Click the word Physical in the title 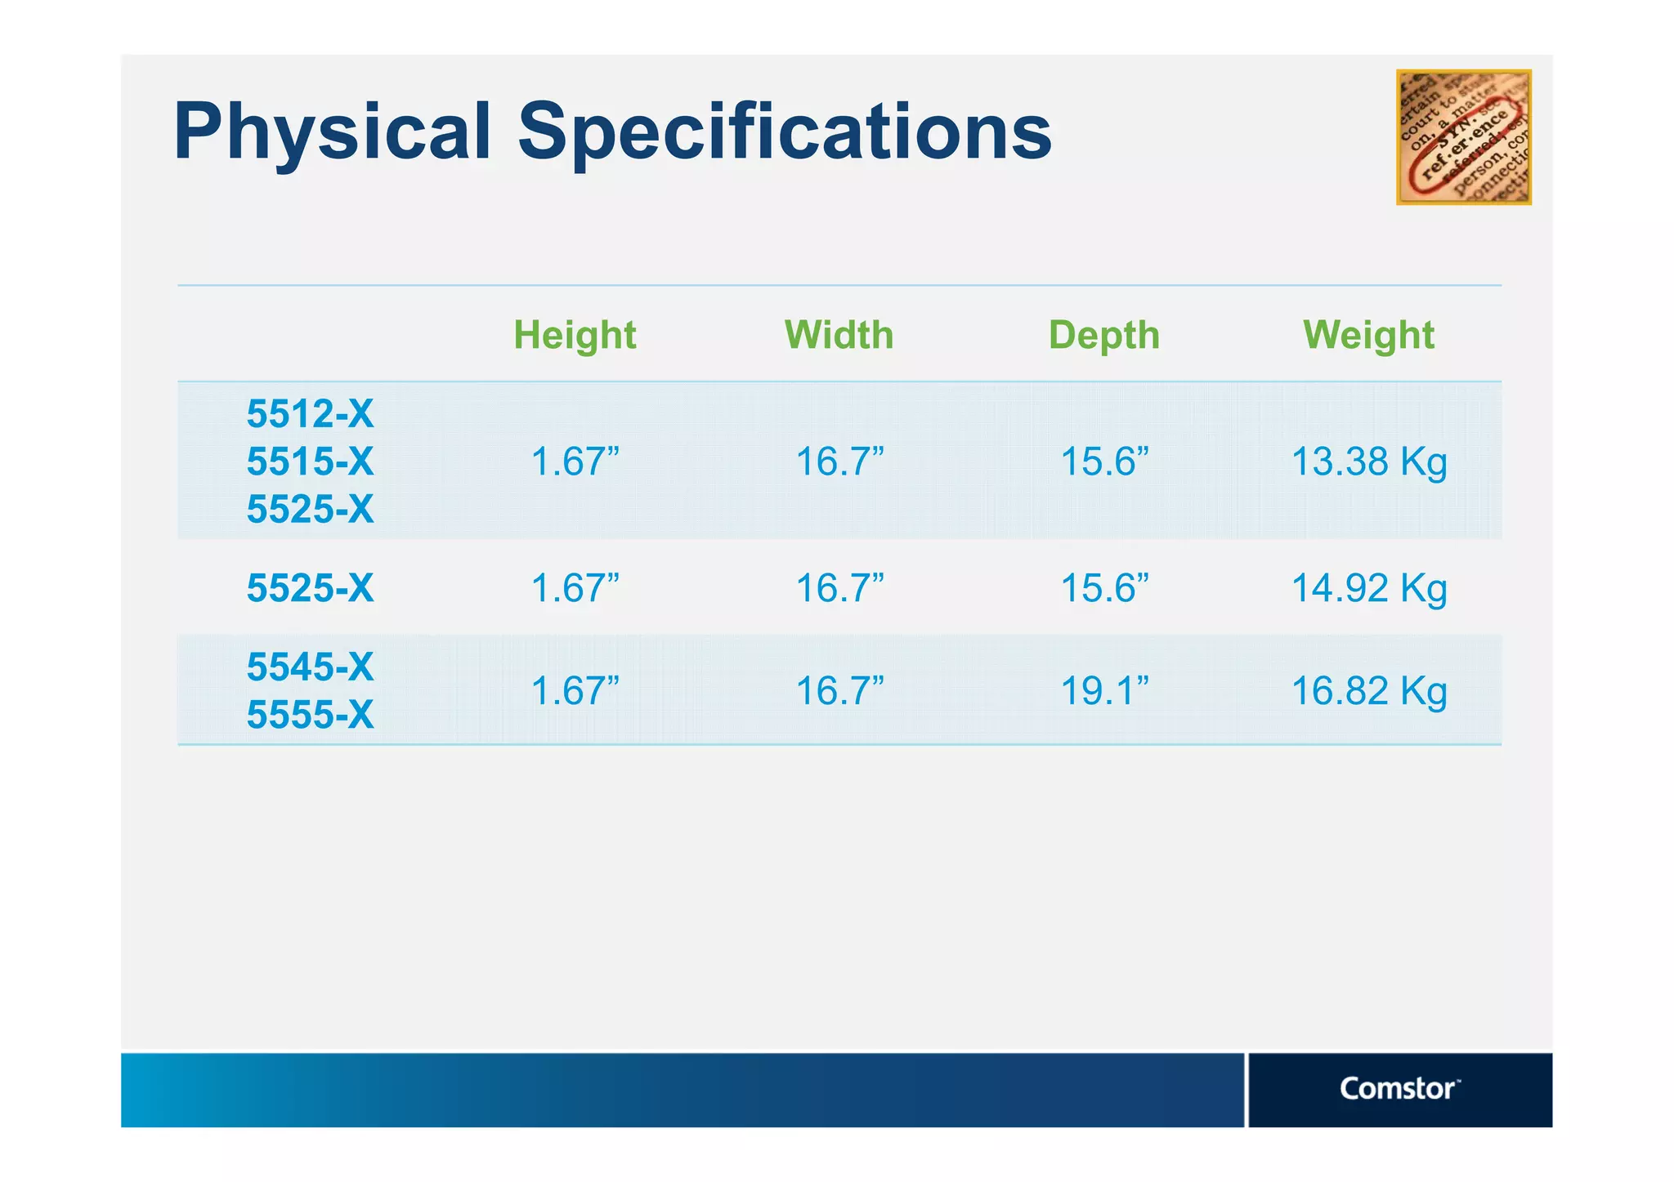point(332,132)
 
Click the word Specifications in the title point(784,132)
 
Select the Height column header point(575,335)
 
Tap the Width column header point(839,335)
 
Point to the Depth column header point(1103,335)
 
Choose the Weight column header point(1368,335)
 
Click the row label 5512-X point(310,413)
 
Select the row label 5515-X point(310,462)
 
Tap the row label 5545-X point(310,667)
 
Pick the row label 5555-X point(310,715)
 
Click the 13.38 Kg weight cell point(1368,462)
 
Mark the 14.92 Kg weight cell point(1368,588)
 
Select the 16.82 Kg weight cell point(1368,691)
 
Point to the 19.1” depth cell point(1103,691)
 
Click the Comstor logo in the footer point(1399,1089)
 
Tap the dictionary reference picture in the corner point(1463,137)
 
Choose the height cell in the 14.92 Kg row point(575,588)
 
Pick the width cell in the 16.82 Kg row point(839,691)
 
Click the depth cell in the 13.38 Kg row point(1103,462)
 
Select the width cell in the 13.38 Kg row point(839,462)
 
